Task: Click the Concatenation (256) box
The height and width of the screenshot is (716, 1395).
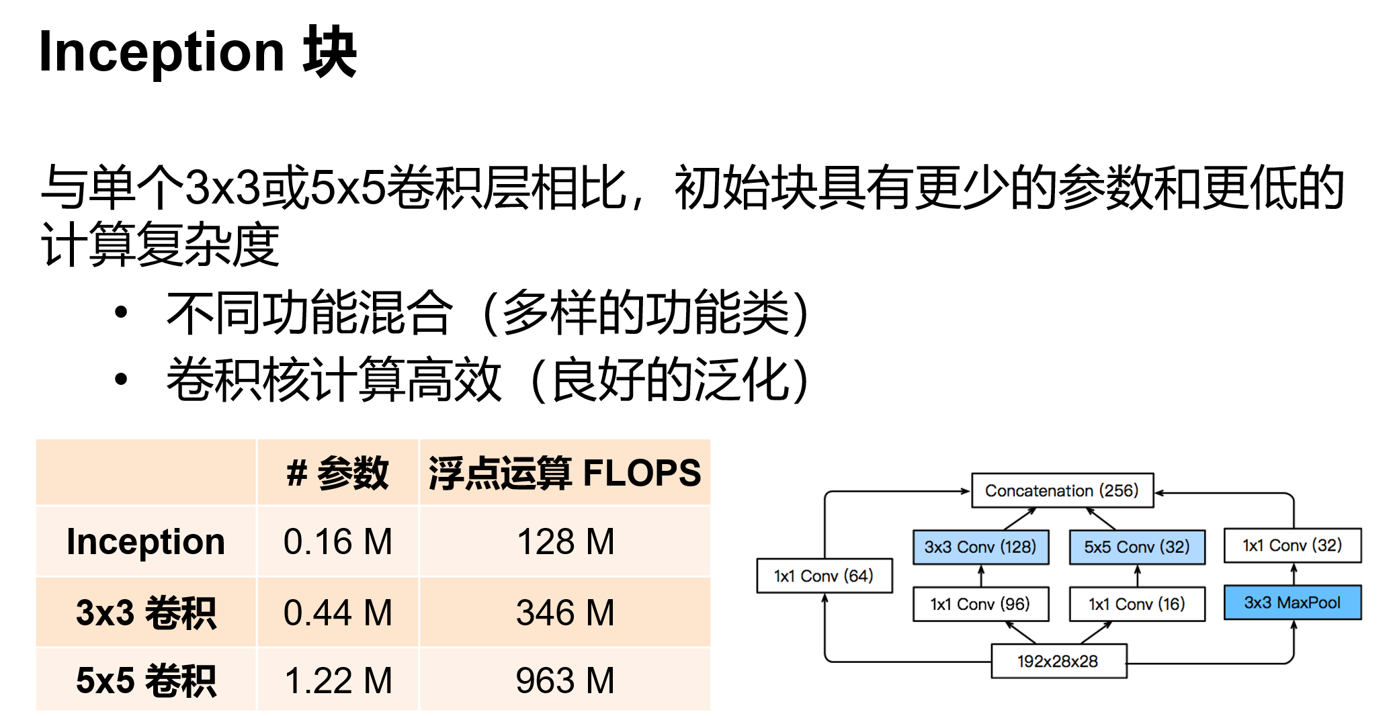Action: click(1062, 491)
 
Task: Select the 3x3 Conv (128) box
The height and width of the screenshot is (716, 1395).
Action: click(980, 547)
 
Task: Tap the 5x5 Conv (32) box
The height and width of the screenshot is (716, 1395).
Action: click(1136, 547)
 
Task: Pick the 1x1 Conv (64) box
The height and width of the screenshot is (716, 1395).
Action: click(824, 576)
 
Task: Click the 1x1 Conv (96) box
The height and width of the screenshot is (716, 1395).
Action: click(980, 604)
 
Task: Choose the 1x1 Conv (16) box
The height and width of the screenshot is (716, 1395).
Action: click(1136, 604)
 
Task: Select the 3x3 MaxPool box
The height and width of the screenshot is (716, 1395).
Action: click(1292, 602)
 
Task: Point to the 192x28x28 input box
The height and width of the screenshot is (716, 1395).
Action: click(1058, 661)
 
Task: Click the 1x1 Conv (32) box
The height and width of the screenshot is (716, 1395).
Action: click(1292, 545)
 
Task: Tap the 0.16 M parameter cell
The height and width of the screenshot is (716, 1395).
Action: click(337, 541)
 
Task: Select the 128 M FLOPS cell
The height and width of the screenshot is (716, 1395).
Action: click(565, 541)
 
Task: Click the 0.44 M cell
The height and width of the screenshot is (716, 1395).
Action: click(337, 613)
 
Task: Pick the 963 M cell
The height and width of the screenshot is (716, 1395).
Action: click(565, 680)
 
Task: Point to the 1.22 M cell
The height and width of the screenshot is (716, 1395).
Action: click(337, 680)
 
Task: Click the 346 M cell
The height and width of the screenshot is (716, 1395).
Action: click(565, 613)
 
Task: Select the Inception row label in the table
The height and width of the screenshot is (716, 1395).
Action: click(146, 541)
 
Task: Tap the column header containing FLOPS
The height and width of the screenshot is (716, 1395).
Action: click(565, 472)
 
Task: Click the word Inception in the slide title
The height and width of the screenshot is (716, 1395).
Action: click(162, 52)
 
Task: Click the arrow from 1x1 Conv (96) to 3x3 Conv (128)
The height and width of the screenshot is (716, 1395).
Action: click(981, 576)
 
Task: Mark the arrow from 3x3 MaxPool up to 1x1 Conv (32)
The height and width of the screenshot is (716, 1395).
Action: click(1294, 574)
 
